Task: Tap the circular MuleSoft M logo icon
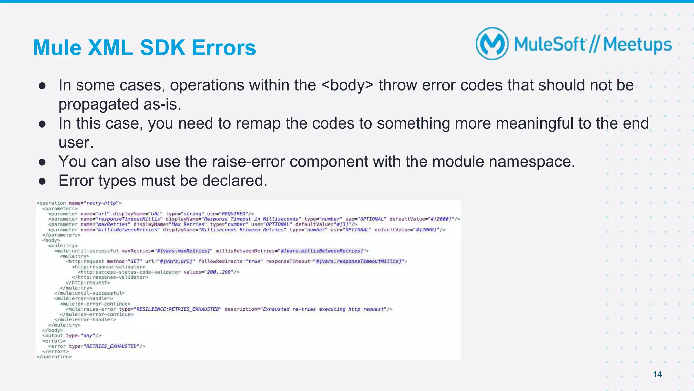(x=492, y=44)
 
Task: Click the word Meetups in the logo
(x=637, y=45)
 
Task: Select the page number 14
(x=657, y=374)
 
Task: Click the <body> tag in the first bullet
(x=347, y=85)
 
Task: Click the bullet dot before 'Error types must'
(x=42, y=181)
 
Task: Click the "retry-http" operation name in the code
(x=101, y=203)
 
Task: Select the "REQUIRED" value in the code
(x=233, y=214)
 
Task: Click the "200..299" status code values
(x=219, y=272)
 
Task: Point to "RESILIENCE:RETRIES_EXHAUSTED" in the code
(x=178, y=309)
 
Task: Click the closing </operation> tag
(x=54, y=357)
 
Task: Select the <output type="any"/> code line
(x=72, y=336)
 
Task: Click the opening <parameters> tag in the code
(x=60, y=209)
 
